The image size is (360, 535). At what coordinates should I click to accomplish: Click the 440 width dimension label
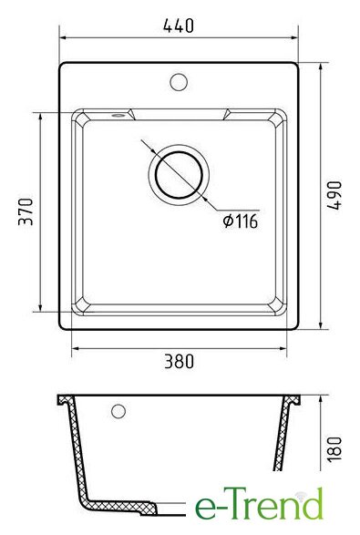pyautogui.click(x=179, y=26)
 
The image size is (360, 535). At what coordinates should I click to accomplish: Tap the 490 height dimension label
pyautogui.click(x=334, y=195)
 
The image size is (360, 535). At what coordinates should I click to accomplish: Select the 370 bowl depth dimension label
pyautogui.click(x=26, y=211)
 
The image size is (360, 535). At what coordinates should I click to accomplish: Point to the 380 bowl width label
pyautogui.click(x=179, y=361)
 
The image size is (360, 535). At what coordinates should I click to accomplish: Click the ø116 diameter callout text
pyautogui.click(x=241, y=221)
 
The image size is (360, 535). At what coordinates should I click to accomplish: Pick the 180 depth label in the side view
pyautogui.click(x=334, y=448)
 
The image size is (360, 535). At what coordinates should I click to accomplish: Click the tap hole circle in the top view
pyautogui.click(x=179, y=82)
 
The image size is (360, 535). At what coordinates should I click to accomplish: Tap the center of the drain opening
pyautogui.click(x=179, y=175)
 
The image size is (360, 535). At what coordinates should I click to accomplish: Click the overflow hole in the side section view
pyautogui.click(x=118, y=411)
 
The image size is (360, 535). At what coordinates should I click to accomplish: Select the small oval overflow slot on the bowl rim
pyautogui.click(x=118, y=116)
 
